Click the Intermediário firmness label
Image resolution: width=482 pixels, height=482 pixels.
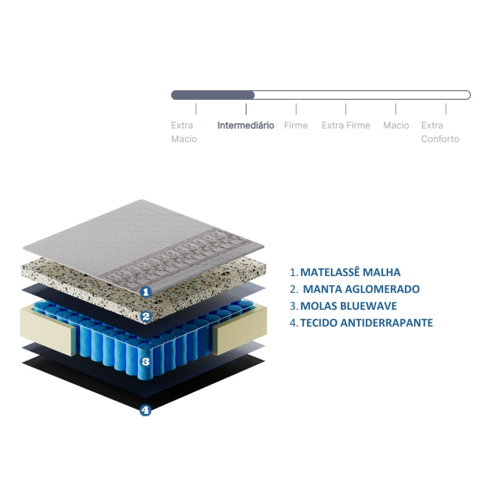(246, 125)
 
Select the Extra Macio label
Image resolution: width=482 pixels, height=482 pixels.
(184, 132)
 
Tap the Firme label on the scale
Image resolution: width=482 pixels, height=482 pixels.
(296, 125)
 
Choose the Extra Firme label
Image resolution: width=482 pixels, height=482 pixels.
(346, 125)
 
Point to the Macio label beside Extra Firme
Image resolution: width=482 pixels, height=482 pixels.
(396, 125)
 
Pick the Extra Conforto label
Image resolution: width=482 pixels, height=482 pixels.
(440, 132)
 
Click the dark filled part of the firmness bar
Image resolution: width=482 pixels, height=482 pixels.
(213, 95)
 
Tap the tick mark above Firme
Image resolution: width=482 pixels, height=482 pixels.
(296, 109)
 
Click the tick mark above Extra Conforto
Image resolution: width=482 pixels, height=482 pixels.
(446, 109)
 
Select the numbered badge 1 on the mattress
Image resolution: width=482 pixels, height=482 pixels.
(146, 292)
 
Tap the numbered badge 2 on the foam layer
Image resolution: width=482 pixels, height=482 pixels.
(146, 317)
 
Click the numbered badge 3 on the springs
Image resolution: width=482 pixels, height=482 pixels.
(146, 362)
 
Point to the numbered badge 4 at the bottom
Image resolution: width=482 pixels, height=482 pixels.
(146, 410)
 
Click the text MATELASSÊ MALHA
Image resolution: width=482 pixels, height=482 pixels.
(350, 272)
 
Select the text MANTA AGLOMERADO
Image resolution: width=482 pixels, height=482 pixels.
(361, 289)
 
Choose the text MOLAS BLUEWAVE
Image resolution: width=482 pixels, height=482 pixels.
(348, 306)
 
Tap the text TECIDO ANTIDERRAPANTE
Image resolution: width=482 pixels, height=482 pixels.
(366, 323)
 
